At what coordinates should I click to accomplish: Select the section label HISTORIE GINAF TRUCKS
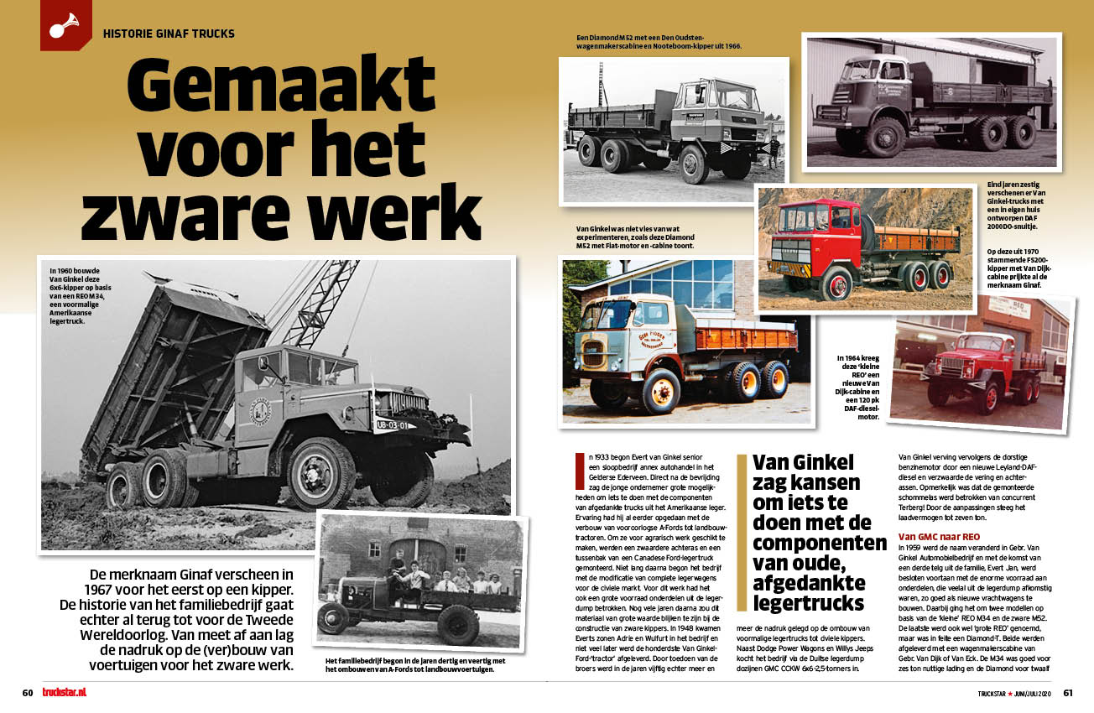(x=168, y=34)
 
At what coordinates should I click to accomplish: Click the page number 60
(x=27, y=693)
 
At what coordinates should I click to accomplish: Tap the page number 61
(x=1067, y=693)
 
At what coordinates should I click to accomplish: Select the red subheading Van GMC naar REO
(x=935, y=536)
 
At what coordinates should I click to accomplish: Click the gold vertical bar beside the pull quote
(x=741, y=533)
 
